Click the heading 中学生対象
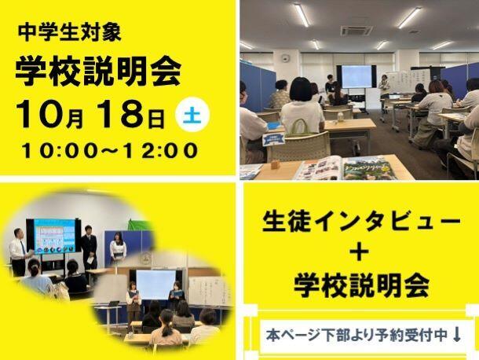click(x=70, y=33)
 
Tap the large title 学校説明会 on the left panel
click(x=98, y=72)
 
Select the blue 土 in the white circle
click(x=192, y=116)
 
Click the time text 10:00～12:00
click(x=110, y=151)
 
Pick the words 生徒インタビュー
click(x=361, y=222)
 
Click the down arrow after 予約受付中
click(x=457, y=335)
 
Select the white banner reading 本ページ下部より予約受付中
click(x=363, y=336)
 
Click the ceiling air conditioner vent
click(x=357, y=31)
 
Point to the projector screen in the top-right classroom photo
click(x=357, y=76)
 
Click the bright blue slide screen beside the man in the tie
click(x=55, y=236)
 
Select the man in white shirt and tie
click(x=18, y=252)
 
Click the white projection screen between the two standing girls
click(x=155, y=285)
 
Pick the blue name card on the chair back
click(x=273, y=139)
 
